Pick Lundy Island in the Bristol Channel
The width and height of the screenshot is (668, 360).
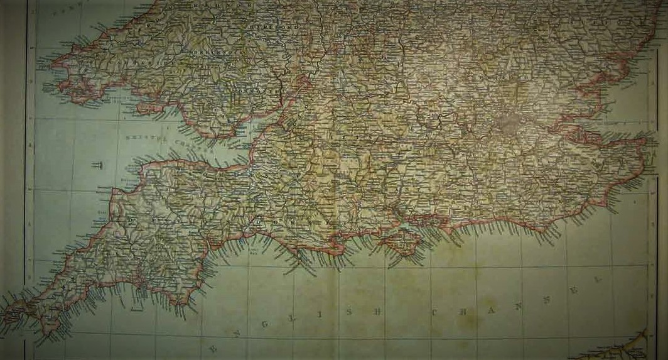(98, 165)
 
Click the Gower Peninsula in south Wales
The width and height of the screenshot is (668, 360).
(148, 108)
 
